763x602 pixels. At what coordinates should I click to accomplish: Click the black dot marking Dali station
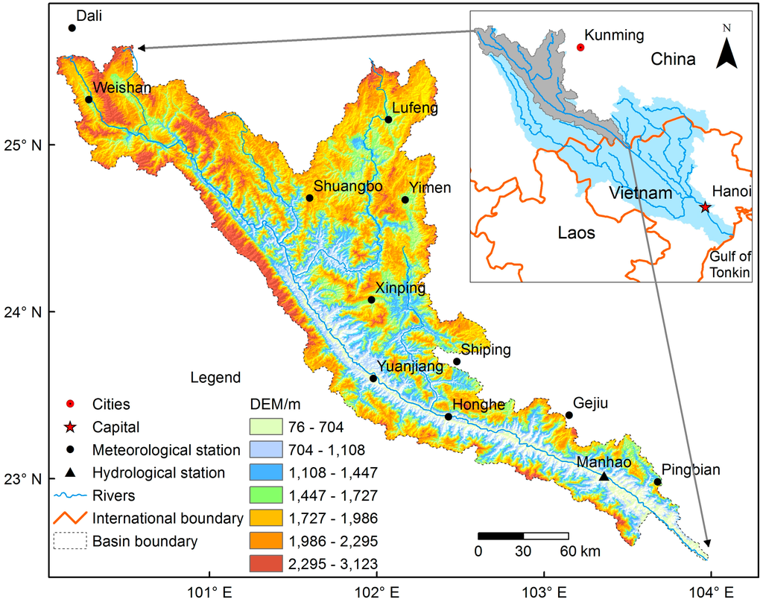click(x=72, y=28)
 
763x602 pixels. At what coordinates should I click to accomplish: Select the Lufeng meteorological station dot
click(x=388, y=119)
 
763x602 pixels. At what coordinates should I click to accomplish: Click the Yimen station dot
click(x=405, y=200)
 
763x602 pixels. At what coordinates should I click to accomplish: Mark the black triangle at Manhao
click(x=604, y=477)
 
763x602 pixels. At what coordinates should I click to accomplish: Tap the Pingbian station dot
click(x=657, y=482)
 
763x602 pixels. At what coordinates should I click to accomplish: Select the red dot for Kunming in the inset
click(x=580, y=47)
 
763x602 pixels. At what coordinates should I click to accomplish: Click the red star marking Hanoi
click(x=706, y=207)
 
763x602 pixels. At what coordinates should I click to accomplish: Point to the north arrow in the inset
click(x=727, y=51)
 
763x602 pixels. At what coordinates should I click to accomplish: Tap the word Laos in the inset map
click(x=577, y=233)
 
